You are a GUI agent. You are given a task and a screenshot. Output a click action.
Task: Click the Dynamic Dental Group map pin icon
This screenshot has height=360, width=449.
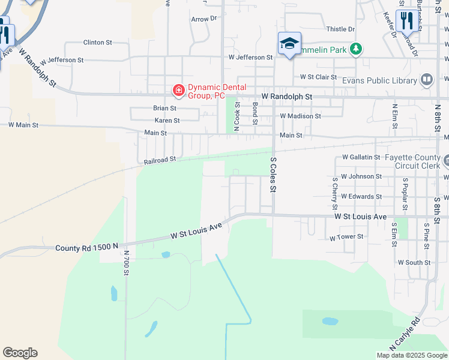(178, 91)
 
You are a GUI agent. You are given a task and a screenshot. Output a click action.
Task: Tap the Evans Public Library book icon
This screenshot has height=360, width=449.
(427, 80)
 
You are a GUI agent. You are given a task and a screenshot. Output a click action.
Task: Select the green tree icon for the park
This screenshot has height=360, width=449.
(356, 49)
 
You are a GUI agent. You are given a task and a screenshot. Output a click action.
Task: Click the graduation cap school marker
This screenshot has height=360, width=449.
(289, 43)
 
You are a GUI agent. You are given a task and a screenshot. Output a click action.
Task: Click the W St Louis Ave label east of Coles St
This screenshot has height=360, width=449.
(361, 216)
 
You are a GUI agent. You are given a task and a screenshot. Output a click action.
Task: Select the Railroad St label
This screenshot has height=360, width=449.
(160, 160)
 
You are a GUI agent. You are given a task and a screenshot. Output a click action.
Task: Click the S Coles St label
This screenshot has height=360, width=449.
(273, 175)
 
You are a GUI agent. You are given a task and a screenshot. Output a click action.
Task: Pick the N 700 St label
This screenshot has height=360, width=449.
(127, 263)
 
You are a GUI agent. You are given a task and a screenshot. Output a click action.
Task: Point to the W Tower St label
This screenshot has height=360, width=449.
(346, 237)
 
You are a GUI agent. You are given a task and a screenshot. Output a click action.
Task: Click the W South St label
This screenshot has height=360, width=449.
(414, 262)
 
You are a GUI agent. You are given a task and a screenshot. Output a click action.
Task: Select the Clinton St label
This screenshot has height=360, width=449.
(98, 43)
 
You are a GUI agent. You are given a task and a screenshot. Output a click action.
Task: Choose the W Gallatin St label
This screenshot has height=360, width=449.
(361, 157)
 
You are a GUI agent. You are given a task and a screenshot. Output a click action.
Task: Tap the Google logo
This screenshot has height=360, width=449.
(20, 353)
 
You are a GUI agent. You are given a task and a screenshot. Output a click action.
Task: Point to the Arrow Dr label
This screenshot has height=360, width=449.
(203, 19)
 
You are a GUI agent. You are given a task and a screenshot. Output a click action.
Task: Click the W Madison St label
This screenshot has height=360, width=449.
(301, 116)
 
